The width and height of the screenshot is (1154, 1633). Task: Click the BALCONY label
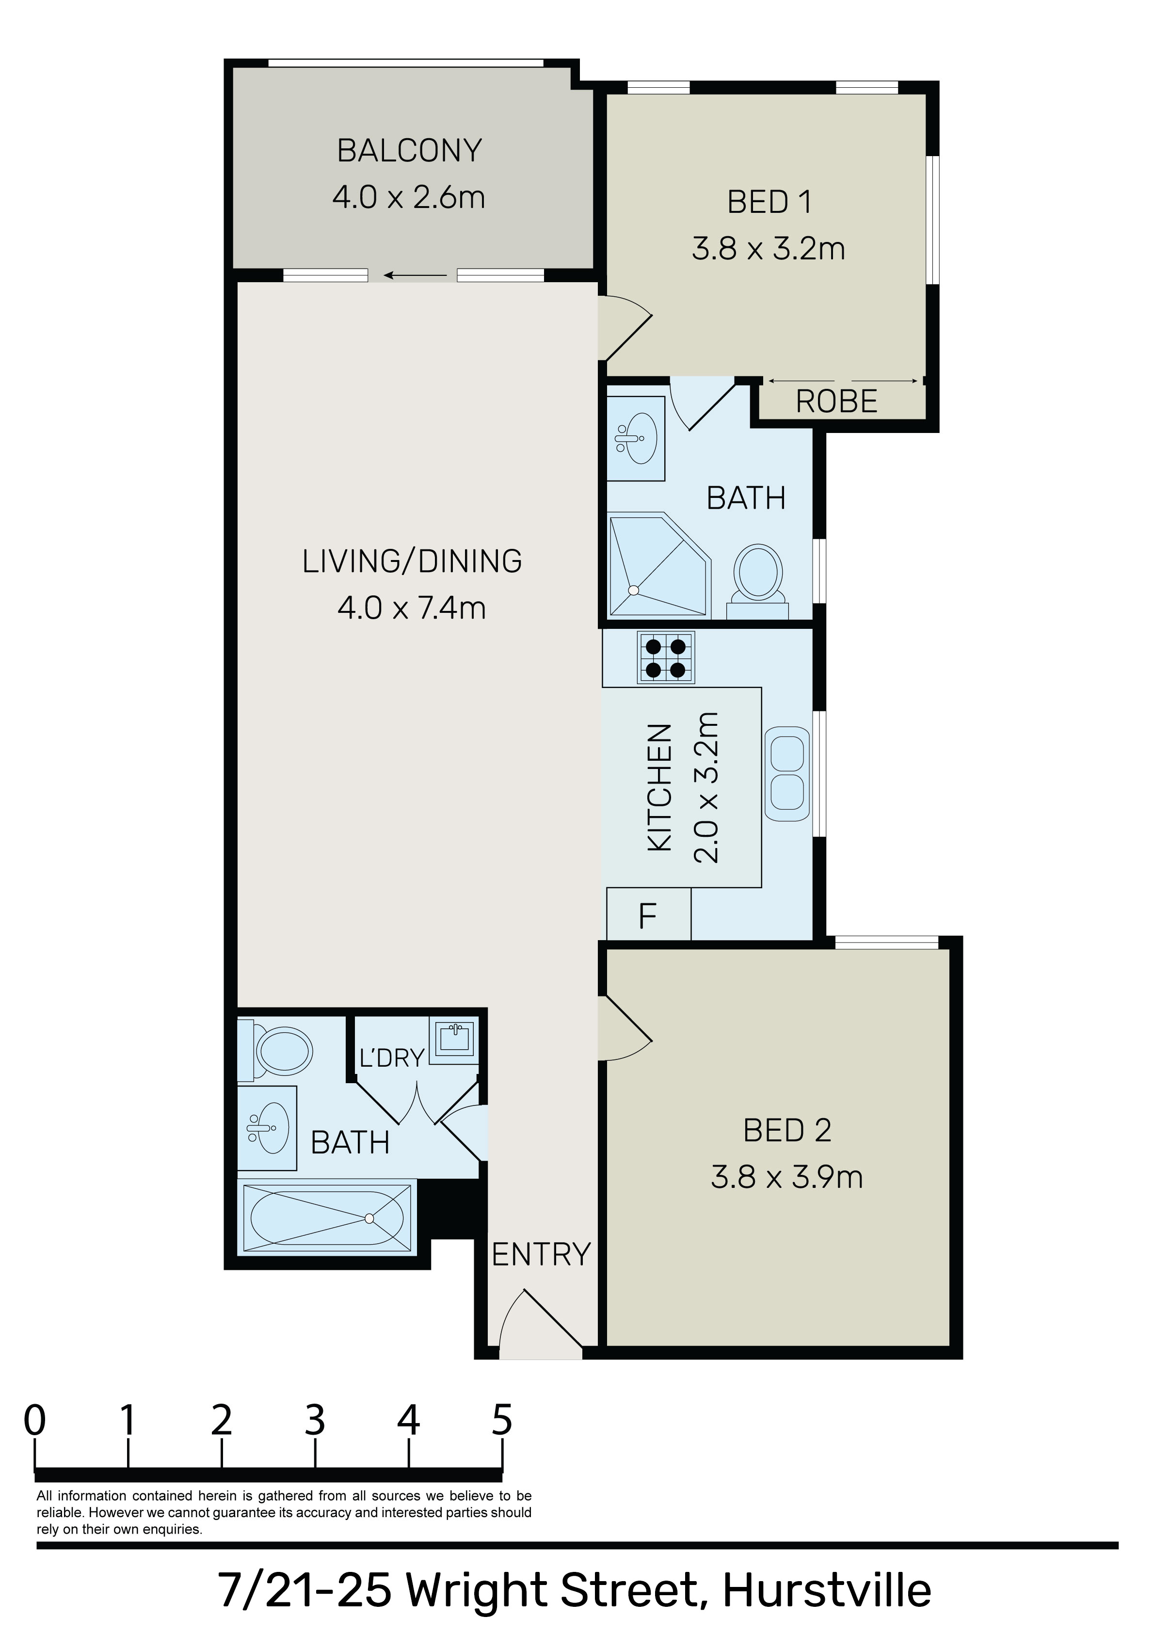(409, 150)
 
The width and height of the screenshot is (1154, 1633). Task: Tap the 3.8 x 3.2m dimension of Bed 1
(769, 249)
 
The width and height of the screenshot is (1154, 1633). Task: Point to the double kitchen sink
(787, 773)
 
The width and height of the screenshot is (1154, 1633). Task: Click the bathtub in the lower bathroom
(327, 1218)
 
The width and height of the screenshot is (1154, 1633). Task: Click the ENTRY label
(542, 1255)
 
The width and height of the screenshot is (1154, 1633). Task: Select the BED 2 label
(787, 1130)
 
